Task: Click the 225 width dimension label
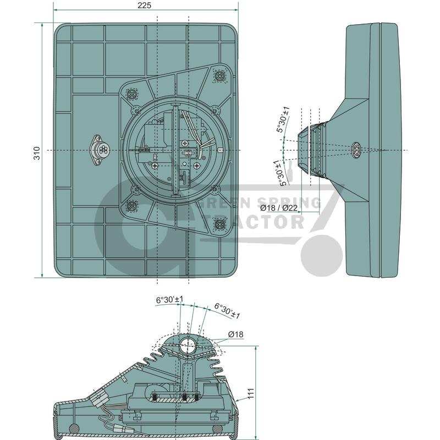144,5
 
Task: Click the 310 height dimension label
37,153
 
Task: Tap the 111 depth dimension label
251,393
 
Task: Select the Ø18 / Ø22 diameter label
279,208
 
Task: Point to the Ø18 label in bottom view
235,334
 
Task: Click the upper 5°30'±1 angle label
283,119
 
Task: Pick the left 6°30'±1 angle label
170,299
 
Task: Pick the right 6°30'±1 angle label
227,310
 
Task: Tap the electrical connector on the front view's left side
99,150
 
